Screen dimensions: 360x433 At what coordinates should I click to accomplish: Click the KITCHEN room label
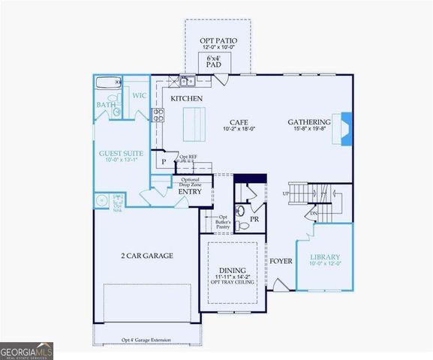[x=187, y=98]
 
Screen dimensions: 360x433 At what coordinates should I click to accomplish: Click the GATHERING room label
[x=309, y=121]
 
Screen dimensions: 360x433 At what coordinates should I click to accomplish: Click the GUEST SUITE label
[x=121, y=154]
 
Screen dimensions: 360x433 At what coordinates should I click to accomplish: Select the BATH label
[x=106, y=105]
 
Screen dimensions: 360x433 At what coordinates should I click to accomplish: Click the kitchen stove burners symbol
[x=159, y=114]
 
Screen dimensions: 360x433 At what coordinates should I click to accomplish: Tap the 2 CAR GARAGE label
[x=147, y=256]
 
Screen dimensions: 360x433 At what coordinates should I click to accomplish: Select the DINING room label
[x=233, y=271]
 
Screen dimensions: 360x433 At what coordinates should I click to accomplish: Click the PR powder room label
[x=254, y=219]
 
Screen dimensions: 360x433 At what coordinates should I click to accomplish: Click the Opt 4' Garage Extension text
[x=146, y=340]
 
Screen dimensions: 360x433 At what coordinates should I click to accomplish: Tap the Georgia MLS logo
[x=27, y=349]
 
